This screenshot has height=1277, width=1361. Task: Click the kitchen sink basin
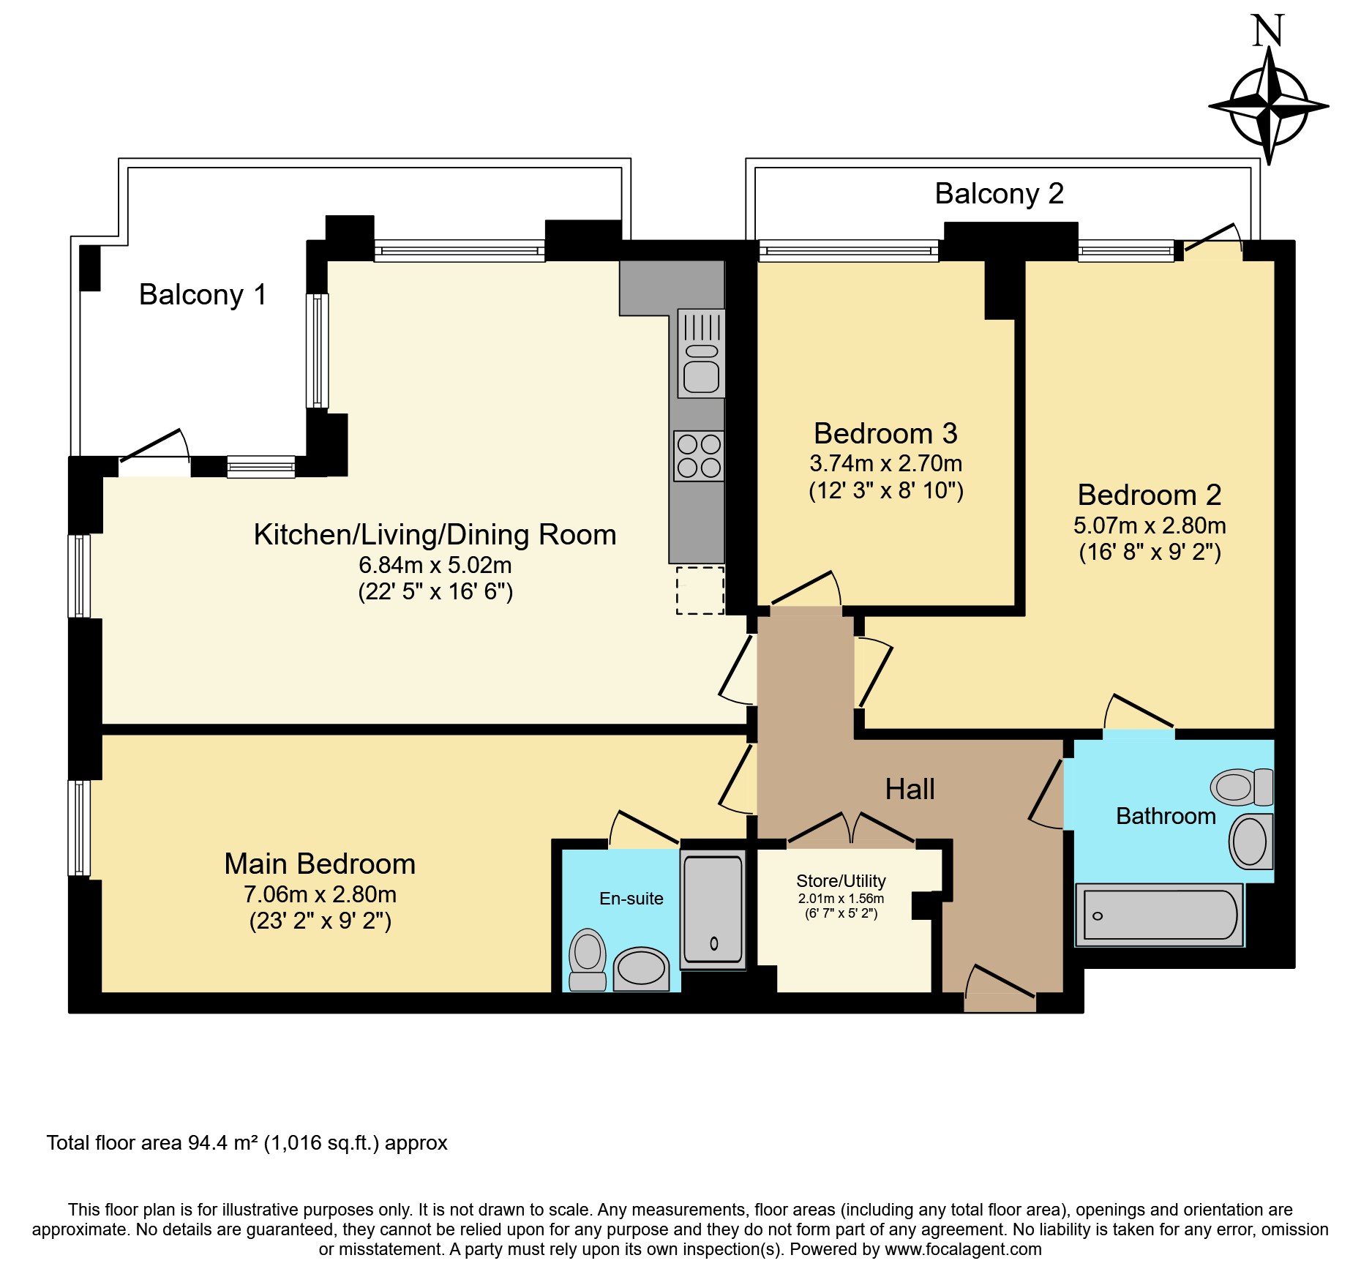coord(701,378)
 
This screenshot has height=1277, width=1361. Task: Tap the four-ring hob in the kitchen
coord(699,456)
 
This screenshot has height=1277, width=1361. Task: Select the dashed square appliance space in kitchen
coord(700,590)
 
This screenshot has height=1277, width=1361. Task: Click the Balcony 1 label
coord(203,294)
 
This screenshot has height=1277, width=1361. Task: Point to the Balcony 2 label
coord(999,193)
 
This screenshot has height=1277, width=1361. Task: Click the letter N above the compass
coord(1268,31)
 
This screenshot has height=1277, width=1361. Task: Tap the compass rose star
coord(1269,107)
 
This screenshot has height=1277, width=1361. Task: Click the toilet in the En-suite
coord(588,959)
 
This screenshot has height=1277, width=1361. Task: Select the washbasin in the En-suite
coord(641,969)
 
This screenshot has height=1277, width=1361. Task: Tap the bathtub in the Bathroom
coord(1159,915)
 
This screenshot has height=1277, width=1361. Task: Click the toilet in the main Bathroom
coord(1241,787)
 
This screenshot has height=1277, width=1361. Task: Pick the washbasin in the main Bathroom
coord(1251,841)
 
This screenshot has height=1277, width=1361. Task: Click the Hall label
coord(910,789)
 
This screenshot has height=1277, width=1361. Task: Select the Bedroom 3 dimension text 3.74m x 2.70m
coord(885,463)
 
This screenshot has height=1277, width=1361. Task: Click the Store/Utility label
coord(841,880)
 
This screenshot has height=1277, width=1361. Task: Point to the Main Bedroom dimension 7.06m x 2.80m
coord(320,894)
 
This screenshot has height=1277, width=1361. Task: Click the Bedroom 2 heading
coord(1149,495)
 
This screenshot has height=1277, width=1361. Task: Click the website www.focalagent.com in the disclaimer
coord(963,1249)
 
